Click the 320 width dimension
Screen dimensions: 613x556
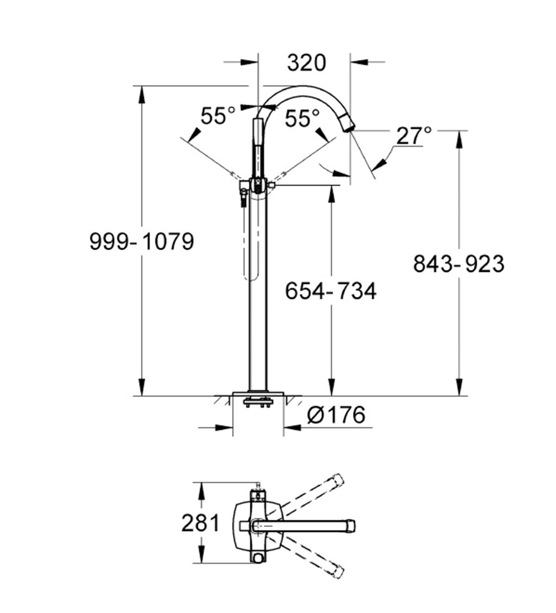pyautogui.click(x=306, y=63)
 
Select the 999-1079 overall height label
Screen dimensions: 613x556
pyautogui.click(x=141, y=242)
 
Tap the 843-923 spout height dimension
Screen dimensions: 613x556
pyautogui.click(x=458, y=264)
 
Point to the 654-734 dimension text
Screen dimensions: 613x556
pyautogui.click(x=330, y=291)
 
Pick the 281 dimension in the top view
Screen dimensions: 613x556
pyautogui.click(x=200, y=523)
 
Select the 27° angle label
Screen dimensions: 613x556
pyautogui.click(x=414, y=136)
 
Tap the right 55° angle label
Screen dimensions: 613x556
pyautogui.click(x=302, y=119)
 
